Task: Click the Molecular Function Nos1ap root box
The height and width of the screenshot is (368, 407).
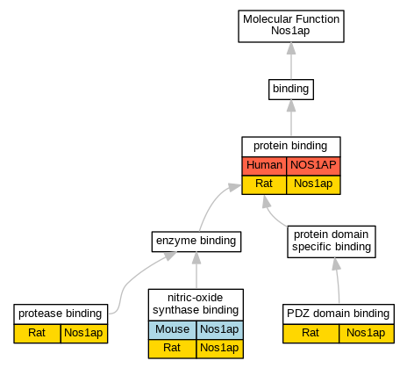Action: point(291,26)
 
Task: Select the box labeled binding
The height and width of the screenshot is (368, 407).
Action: point(291,90)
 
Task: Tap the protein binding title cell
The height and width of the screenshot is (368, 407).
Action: point(291,147)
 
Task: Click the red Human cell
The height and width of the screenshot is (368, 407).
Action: point(264,166)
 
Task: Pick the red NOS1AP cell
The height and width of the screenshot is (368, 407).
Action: point(313,166)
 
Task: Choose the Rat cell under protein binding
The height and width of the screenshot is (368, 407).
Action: point(264,184)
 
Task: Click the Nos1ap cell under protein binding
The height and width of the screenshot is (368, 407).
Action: point(313,184)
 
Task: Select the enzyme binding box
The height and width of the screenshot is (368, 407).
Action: point(196,242)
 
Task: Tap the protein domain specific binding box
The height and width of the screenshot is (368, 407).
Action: point(332,242)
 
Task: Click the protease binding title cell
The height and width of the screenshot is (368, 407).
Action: point(61,314)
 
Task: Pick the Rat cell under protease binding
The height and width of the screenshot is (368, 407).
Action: point(37,334)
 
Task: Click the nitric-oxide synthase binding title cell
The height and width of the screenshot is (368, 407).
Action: point(196,305)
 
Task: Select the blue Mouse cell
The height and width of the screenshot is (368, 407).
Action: point(172,330)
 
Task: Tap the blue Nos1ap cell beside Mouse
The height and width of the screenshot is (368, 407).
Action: point(219,330)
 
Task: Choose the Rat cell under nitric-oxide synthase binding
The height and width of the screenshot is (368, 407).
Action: point(172,349)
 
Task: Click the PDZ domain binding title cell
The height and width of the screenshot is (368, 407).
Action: point(339,314)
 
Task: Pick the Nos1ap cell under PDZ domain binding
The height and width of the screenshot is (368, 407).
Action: point(367,334)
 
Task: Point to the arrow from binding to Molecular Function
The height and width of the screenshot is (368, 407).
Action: point(291,61)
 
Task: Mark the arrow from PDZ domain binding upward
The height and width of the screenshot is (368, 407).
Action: point(338,280)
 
